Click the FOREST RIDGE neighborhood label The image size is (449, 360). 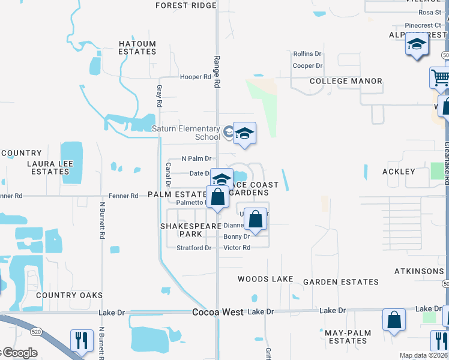pos(185,5)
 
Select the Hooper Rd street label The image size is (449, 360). pos(196,77)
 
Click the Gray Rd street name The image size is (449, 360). pos(160,95)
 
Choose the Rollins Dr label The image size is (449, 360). pos(307,54)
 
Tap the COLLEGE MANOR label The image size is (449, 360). pos(346,81)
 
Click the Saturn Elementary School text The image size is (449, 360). pos(186,133)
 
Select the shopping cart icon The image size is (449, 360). pos(440,77)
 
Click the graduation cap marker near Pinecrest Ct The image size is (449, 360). pos(416,46)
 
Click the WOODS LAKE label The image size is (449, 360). pos(265,279)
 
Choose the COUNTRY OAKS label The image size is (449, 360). pos(69,295)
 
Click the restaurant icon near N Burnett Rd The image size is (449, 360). pos(80,339)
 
